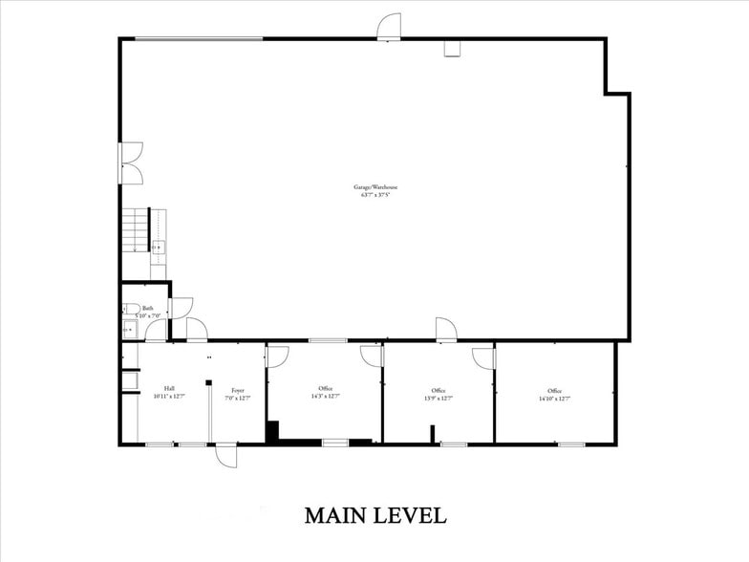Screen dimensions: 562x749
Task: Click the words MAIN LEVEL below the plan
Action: (374, 515)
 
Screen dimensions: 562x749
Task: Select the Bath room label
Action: (148, 308)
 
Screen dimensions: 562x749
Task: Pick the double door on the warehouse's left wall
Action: (131, 163)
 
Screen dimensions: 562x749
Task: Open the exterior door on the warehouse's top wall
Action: (389, 28)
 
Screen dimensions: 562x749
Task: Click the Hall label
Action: (168, 389)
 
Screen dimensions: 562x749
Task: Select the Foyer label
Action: (237, 389)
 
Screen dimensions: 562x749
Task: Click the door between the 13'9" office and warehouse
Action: (445, 330)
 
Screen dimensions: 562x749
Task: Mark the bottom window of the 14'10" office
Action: (571, 443)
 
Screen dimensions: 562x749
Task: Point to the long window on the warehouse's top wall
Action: (199, 38)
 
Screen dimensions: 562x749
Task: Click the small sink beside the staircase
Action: (159, 248)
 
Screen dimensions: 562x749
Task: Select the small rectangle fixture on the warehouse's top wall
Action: (453, 48)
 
